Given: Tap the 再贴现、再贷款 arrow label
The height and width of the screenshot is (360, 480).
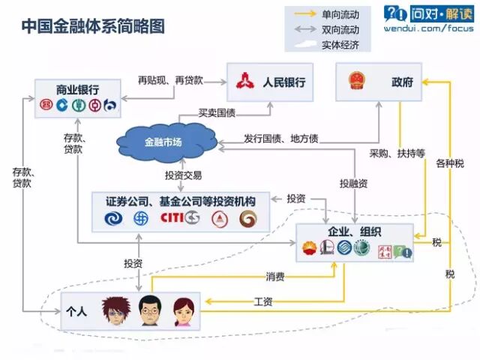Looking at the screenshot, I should [170, 79].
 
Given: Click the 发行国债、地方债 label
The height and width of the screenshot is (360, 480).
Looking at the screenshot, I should [281, 139].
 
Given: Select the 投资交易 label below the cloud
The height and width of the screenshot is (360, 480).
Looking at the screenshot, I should [184, 175].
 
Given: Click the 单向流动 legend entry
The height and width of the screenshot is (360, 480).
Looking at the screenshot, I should [340, 13].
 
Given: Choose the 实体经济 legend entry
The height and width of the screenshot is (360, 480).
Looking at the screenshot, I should [340, 44].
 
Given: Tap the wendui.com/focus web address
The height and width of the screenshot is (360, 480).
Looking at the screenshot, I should [428, 28].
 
